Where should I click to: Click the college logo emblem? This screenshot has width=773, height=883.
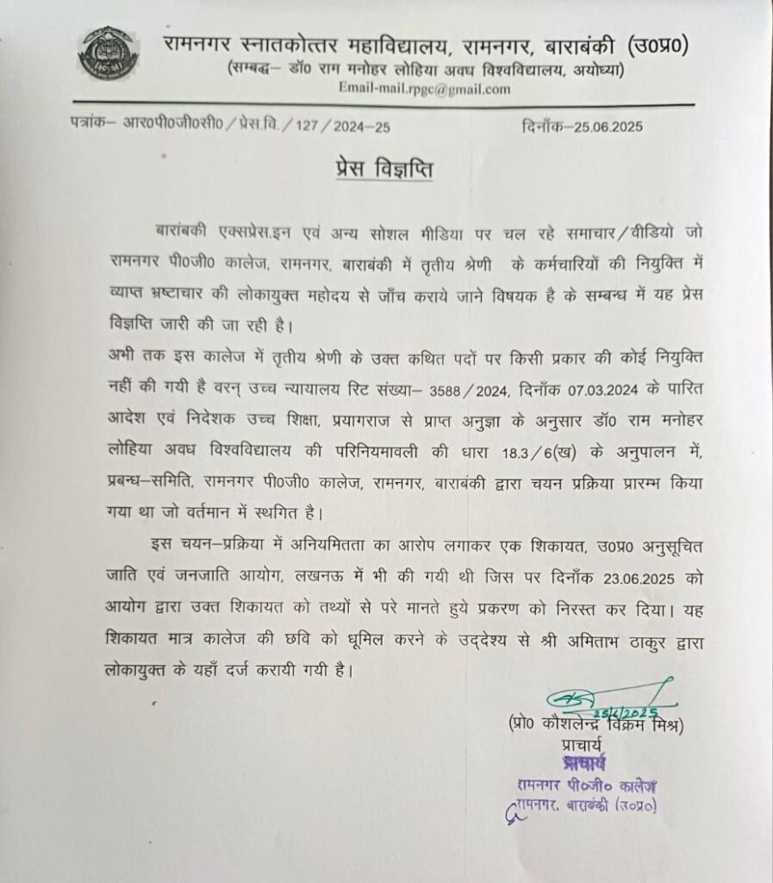point(107,53)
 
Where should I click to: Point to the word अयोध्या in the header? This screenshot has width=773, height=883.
point(590,69)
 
